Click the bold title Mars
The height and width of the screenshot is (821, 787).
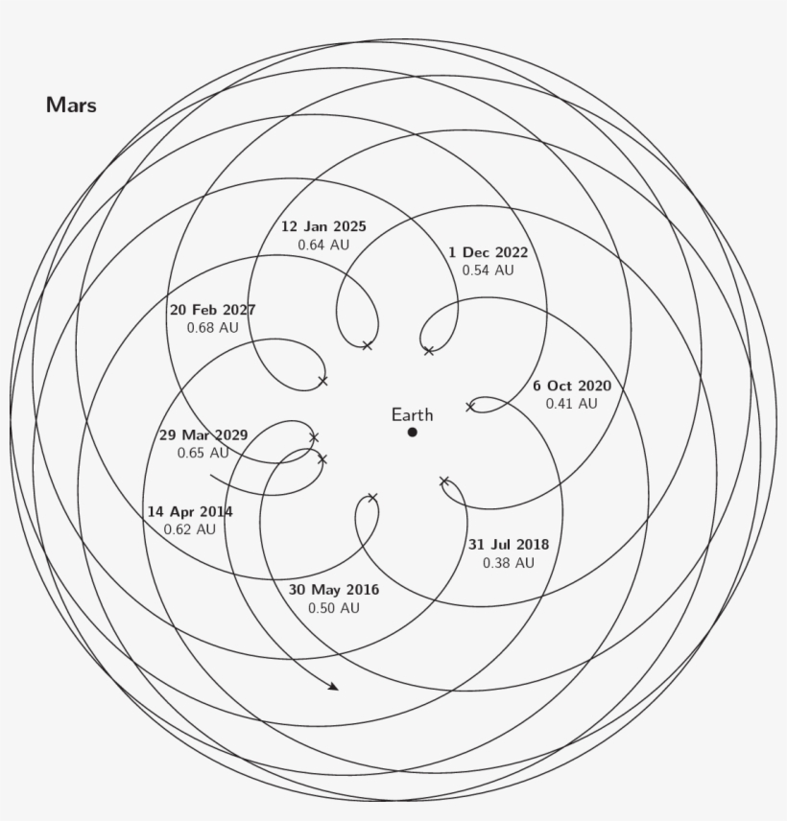pos(71,106)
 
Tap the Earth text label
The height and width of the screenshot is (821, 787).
pos(412,415)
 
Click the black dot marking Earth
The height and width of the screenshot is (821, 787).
pos(413,433)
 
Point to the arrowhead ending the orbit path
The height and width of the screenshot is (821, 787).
pos(333,687)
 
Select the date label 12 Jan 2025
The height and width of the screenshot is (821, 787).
pos(323,227)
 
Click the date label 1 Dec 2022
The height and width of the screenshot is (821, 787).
pos(488,252)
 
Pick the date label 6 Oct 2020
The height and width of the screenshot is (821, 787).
pos(572,386)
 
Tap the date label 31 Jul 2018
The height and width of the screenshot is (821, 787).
pos(509,545)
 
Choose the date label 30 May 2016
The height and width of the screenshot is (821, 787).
pos(334,590)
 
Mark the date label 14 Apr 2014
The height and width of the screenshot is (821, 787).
pos(190,511)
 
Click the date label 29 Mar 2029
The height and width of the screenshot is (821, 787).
pos(203,434)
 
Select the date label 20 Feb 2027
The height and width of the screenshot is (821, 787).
pos(213,310)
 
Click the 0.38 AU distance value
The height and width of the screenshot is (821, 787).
pos(509,563)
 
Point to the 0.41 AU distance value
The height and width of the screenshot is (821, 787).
pos(572,404)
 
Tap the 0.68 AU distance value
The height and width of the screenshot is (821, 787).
pos(213,328)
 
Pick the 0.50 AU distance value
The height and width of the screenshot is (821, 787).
pos(334,608)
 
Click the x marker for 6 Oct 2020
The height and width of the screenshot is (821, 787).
pos(470,407)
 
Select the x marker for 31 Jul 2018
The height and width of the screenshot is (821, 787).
pos(444,481)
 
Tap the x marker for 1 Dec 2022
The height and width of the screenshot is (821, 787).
pos(428,351)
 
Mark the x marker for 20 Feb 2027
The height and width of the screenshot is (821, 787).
pos(322,381)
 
